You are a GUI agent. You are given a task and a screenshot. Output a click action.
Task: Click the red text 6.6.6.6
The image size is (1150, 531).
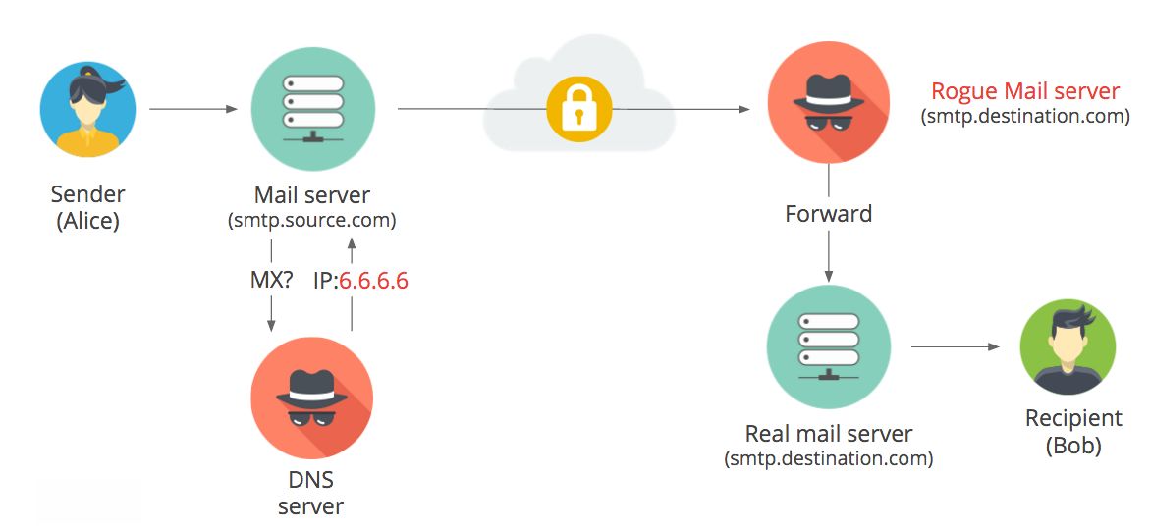click(373, 281)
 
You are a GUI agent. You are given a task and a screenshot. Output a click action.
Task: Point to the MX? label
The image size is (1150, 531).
click(271, 281)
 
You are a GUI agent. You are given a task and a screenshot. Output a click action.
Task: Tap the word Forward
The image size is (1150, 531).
click(828, 213)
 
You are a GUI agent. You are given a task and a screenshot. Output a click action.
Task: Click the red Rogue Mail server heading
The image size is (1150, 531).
click(1025, 91)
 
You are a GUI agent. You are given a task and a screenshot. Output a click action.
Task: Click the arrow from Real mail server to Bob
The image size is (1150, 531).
click(956, 346)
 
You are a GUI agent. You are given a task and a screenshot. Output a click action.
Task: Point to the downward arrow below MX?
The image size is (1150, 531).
click(271, 316)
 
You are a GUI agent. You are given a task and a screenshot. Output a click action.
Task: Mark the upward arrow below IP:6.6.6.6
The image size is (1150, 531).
click(351, 316)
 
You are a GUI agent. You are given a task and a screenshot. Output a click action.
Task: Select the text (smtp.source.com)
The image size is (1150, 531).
click(312, 220)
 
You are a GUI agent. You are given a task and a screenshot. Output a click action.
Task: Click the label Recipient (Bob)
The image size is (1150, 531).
click(1073, 432)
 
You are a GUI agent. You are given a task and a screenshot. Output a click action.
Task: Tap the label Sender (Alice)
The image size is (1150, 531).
click(88, 207)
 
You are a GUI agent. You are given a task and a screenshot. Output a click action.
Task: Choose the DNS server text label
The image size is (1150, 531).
click(311, 493)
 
